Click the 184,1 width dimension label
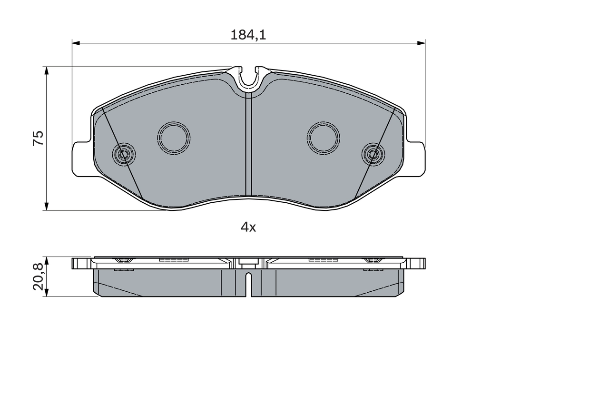click(x=248, y=35)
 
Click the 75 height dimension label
click(x=38, y=138)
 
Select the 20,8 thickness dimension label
click(x=38, y=277)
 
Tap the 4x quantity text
click(x=248, y=228)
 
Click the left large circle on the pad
click(x=174, y=138)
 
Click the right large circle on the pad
click(x=324, y=138)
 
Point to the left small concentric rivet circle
click(x=124, y=154)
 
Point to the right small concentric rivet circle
click(x=373, y=154)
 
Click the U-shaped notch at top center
click(x=248, y=79)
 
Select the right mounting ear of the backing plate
click(x=416, y=159)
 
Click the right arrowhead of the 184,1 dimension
click(x=421, y=43)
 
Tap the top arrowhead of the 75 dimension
click(x=46, y=70)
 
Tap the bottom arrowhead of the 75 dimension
click(x=46, y=206)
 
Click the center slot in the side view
click(x=248, y=283)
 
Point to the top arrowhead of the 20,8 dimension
click(x=46, y=260)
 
